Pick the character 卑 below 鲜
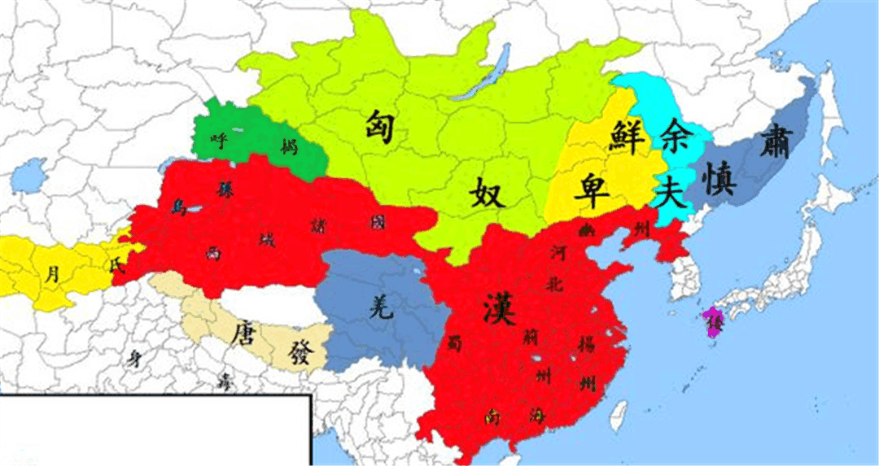pos(590,190)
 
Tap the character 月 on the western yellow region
pos(52,275)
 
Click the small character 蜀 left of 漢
pos(454,344)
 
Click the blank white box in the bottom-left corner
pos(155,431)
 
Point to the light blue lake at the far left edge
pos(30,173)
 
